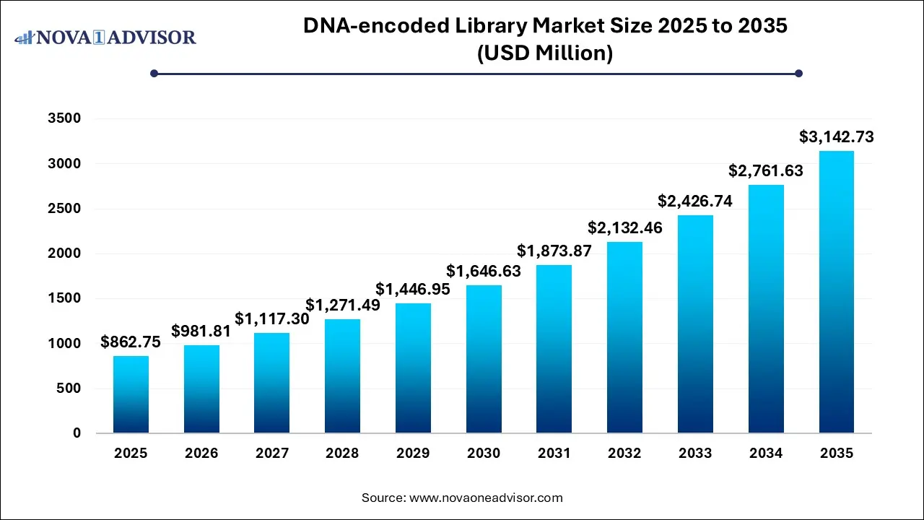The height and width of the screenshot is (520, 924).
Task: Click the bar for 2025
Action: pyautogui.click(x=131, y=394)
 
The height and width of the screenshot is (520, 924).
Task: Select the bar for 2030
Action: pyautogui.click(x=484, y=359)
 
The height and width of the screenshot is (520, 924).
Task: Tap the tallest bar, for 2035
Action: pyautogui.click(x=836, y=292)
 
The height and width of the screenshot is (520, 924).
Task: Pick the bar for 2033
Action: pyautogui.click(x=695, y=324)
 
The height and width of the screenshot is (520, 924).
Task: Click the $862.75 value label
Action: pyautogui.click(x=131, y=342)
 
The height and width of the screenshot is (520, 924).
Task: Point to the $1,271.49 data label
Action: pyautogui.click(x=342, y=305)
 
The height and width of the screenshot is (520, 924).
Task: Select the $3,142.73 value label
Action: pyautogui.click(x=836, y=136)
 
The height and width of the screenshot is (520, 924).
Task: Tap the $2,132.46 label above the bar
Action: pyautogui.click(x=624, y=228)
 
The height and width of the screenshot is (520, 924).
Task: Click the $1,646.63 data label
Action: pyautogui.click(x=484, y=272)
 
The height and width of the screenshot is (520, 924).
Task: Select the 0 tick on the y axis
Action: pyautogui.click(x=76, y=433)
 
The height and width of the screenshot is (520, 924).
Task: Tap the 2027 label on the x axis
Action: pyautogui.click(x=272, y=454)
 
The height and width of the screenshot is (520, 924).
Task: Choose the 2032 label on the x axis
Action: pyautogui.click(x=624, y=454)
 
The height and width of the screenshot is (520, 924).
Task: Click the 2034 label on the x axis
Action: pyautogui.click(x=766, y=454)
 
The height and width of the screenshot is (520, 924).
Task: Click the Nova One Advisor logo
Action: pyautogui.click(x=105, y=37)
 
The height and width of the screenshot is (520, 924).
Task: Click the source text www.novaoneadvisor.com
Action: pyautogui.click(x=486, y=498)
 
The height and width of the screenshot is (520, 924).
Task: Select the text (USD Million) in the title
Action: pyautogui.click(x=545, y=53)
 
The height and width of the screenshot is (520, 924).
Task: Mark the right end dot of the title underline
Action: pyautogui.click(x=798, y=73)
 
